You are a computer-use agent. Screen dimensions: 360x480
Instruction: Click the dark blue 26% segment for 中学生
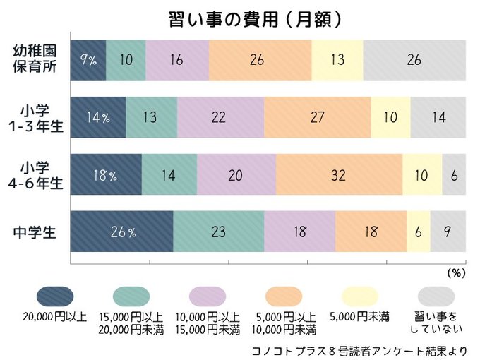coord(122,232)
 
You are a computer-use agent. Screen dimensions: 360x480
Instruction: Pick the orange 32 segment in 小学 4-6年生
coord(339,174)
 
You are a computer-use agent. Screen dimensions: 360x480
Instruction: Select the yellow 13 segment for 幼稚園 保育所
coord(337,59)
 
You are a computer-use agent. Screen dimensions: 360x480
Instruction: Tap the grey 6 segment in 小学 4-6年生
coord(454,174)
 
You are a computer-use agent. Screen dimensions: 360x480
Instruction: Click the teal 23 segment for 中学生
coord(218,232)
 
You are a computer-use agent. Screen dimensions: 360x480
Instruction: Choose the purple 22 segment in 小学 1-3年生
coord(220,117)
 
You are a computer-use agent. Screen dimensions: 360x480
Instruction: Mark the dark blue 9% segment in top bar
coord(88,59)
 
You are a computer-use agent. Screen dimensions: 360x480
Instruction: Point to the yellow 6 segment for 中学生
coord(418,232)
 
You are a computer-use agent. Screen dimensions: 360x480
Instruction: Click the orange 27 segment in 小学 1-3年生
coord(317,117)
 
